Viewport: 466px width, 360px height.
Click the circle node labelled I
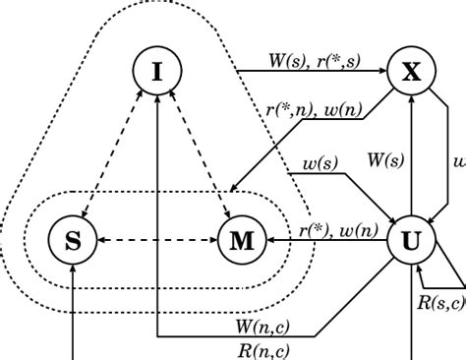tap(157, 71)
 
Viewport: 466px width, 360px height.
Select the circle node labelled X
tap(413, 70)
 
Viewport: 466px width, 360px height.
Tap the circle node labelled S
tap(74, 240)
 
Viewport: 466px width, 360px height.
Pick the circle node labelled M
tap(241, 240)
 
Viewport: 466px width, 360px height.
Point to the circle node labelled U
tap(413, 240)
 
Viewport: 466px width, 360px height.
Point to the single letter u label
tap(457, 157)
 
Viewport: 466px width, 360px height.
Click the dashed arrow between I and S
tap(117, 154)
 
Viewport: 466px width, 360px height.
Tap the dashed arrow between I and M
tap(199, 154)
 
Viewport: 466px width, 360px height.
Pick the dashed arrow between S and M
tap(157, 240)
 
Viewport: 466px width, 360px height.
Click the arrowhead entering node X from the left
tap(383, 70)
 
